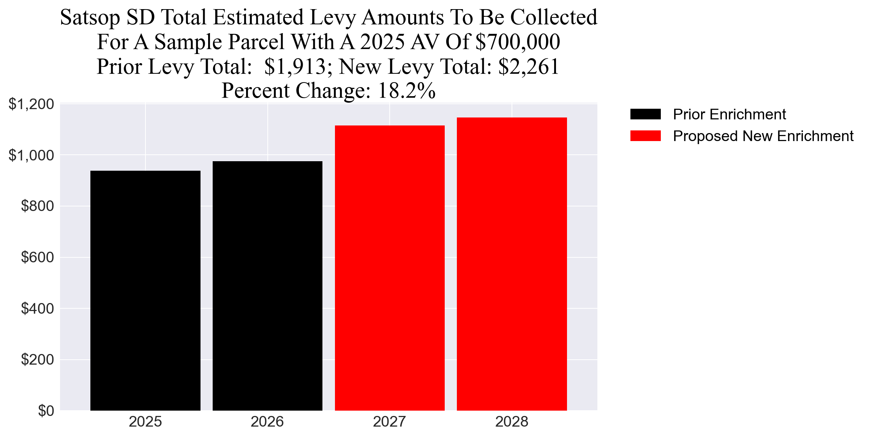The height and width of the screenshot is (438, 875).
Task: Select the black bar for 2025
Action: (145, 290)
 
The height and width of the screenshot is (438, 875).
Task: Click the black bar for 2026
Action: (267, 286)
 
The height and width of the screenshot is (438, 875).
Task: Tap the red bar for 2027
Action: (390, 268)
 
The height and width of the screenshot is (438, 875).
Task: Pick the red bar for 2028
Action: (512, 264)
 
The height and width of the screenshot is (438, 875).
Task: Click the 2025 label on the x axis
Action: (145, 422)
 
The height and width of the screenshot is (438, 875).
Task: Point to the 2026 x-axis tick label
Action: (267, 422)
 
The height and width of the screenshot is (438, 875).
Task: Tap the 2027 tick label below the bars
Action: (390, 422)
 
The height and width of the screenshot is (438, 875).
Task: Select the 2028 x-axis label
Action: (512, 422)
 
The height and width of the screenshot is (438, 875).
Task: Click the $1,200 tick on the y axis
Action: (31, 104)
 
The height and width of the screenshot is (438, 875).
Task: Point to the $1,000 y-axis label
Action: (31, 155)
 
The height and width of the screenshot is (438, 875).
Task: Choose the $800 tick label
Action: (37, 206)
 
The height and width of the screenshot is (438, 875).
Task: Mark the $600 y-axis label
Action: (37, 257)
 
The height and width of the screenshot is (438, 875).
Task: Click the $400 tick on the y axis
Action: (37, 308)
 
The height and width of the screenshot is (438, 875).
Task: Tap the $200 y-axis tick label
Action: (37, 360)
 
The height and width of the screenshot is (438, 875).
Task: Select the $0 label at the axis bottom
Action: (46, 411)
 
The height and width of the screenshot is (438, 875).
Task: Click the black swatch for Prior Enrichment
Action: (645, 114)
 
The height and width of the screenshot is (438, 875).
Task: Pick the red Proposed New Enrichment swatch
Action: (645, 136)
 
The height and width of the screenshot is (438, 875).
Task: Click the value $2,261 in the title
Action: (529, 67)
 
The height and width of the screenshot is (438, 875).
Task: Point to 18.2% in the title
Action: (406, 91)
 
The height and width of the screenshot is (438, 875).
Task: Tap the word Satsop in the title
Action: (90, 17)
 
